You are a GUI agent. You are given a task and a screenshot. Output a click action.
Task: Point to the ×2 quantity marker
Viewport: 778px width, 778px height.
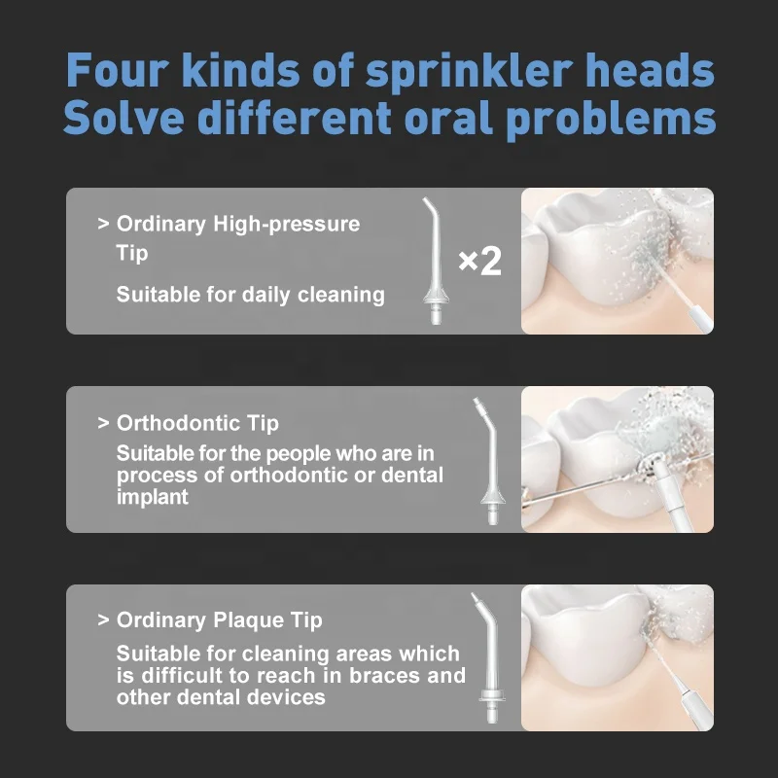coord(478,262)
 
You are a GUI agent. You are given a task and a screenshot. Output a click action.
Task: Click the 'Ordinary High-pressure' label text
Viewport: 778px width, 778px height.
coord(237,224)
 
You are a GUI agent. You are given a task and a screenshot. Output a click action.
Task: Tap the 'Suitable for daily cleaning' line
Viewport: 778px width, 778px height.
coord(250,294)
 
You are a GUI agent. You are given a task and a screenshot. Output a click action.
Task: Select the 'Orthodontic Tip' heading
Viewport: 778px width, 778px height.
coord(197,423)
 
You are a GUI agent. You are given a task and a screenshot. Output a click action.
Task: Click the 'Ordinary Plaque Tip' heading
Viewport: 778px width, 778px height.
coord(219,620)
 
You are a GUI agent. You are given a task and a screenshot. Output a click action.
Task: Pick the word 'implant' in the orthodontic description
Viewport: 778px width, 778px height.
coord(153,496)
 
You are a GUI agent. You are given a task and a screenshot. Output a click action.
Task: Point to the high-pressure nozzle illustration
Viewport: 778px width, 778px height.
coord(431,261)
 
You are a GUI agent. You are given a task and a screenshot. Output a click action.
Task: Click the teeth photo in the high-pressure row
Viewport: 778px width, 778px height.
coord(618,262)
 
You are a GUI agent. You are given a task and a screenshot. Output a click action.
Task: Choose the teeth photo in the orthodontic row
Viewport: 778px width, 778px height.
coord(618,459)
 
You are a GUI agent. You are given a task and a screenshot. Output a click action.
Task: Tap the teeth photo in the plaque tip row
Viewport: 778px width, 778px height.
coord(618,657)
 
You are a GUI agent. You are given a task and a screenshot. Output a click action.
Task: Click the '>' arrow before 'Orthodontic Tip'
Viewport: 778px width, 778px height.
coord(103,423)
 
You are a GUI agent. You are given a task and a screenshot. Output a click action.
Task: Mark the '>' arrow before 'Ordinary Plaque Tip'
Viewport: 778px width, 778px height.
coord(103,620)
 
